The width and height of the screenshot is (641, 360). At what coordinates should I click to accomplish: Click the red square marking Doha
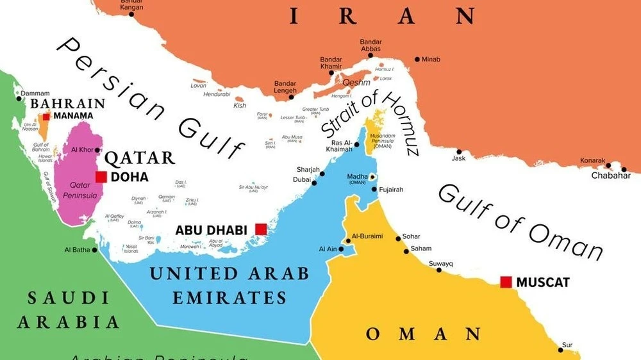101,177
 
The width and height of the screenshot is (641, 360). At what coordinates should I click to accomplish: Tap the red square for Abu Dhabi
260,229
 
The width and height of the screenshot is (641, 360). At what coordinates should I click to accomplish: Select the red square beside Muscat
506,281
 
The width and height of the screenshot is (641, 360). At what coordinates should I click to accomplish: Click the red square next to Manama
47,116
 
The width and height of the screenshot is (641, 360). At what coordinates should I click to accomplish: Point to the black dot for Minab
417,60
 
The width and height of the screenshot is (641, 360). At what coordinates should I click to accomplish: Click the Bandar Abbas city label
370,45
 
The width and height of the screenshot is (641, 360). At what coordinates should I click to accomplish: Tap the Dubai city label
302,180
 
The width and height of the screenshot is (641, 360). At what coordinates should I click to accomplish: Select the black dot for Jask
459,152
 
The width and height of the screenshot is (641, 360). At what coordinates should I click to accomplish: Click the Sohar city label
411,236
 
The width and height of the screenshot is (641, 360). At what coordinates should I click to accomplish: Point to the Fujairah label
392,190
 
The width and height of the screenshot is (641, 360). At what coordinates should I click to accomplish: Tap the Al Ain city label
328,249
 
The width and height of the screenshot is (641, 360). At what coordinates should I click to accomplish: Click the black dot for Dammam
19,99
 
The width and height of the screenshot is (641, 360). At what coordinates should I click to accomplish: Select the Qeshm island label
356,83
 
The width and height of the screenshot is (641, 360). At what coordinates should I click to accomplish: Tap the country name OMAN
423,334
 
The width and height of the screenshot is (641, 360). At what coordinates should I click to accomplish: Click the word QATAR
140,158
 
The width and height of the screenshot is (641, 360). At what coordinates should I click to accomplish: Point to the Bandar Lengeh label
285,87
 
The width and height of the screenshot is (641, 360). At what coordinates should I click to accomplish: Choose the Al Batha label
77,250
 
